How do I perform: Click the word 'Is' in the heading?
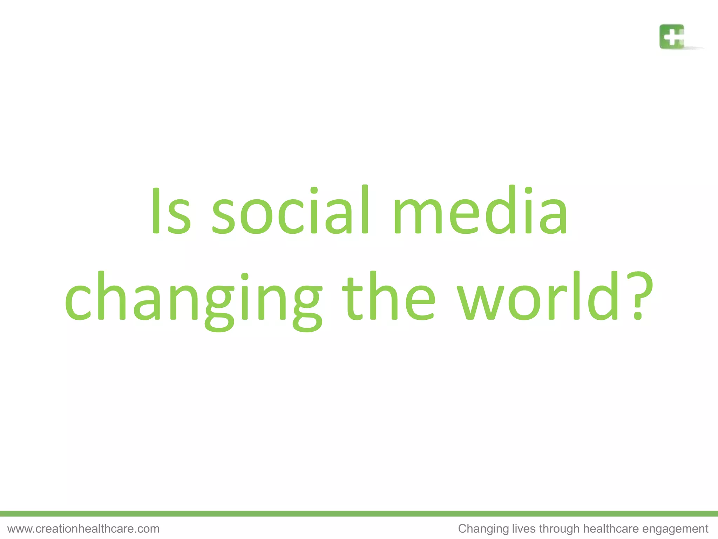[171, 211]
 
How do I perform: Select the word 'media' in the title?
[480, 211]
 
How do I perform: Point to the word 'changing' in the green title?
[193, 298]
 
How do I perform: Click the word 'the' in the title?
[389, 297]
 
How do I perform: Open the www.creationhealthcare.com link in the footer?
[83, 528]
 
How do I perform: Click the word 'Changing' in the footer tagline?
[483, 529]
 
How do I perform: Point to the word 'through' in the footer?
[560, 529]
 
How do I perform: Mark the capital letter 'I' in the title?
[156, 211]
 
